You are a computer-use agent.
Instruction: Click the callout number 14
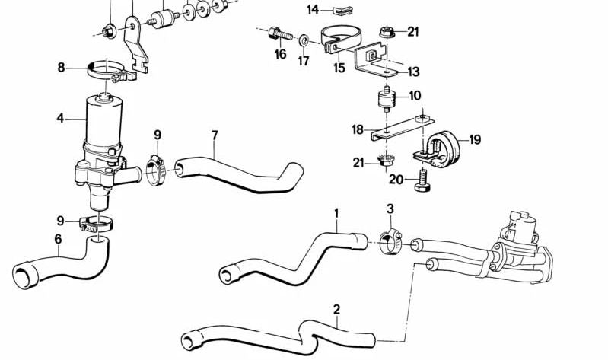313,10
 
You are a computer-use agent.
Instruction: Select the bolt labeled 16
279,33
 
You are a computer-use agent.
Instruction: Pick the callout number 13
413,72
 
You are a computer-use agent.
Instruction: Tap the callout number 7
215,135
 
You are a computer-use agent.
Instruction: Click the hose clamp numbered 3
390,242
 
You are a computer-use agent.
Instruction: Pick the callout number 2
336,310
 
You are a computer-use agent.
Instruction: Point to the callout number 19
475,139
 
